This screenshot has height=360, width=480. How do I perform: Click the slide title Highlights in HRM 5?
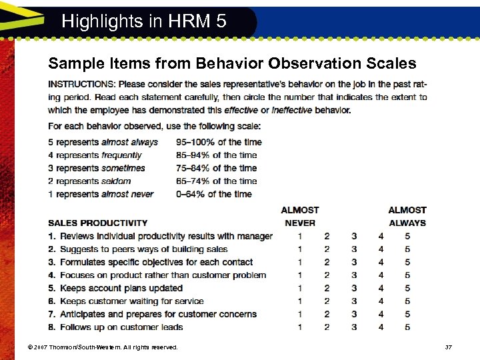[144, 21]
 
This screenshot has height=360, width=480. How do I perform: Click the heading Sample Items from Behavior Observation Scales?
[232, 63]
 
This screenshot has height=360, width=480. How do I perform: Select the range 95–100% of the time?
[219, 142]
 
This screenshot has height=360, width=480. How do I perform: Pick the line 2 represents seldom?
[89, 181]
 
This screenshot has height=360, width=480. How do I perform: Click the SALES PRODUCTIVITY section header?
[97, 223]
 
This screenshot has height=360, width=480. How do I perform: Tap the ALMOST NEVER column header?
[300, 216]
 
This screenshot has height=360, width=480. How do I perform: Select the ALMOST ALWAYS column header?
[407, 216]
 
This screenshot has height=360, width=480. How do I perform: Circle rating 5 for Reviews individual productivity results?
[407, 236]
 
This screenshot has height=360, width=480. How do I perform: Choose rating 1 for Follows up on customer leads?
[300, 327]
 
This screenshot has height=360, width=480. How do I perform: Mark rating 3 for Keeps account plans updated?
[354, 288]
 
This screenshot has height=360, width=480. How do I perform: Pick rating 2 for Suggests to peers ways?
[327, 249]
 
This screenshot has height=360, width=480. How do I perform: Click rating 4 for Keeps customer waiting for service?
[381, 301]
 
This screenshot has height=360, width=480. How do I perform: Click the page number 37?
[448, 347]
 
